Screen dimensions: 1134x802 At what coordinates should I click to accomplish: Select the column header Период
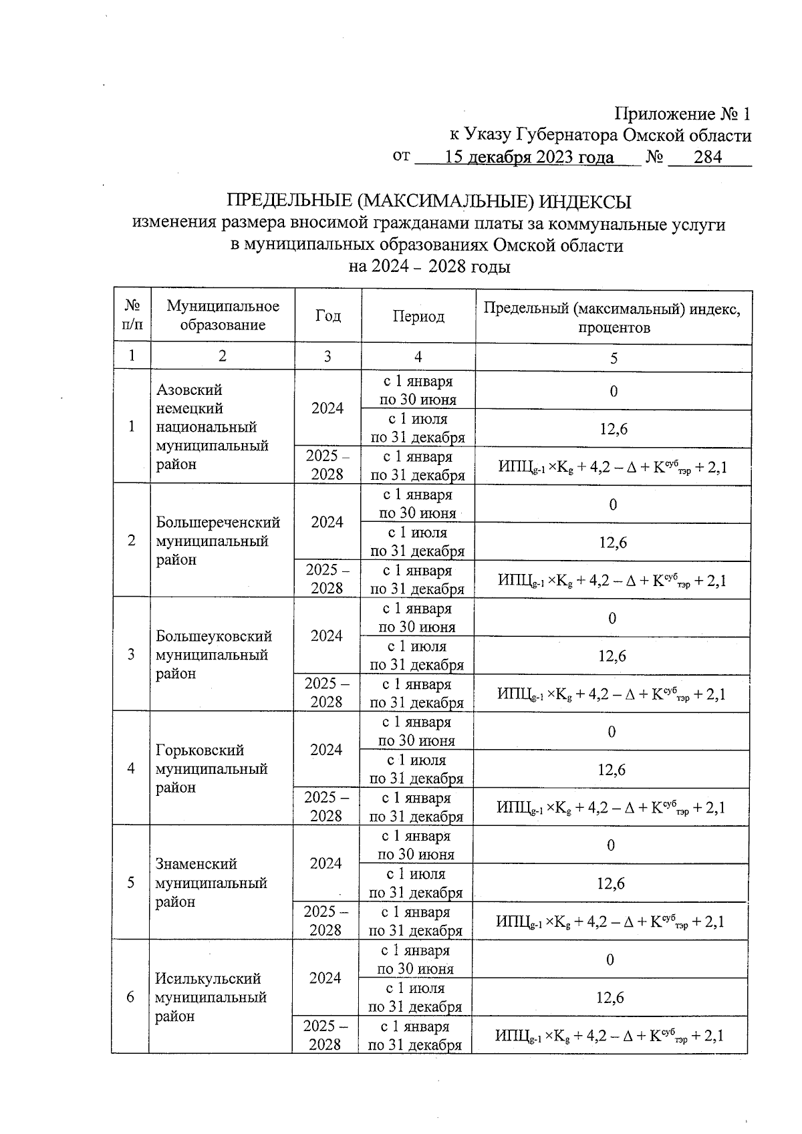(x=418, y=316)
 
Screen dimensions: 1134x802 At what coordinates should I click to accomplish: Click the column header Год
(x=327, y=316)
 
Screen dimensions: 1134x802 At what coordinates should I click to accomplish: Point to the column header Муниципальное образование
(x=223, y=316)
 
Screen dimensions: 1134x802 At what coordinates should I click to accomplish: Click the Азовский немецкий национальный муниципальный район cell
(x=212, y=426)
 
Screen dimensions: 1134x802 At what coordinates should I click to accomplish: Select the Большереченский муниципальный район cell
(x=217, y=541)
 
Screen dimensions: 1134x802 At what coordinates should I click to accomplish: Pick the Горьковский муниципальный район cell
(x=211, y=768)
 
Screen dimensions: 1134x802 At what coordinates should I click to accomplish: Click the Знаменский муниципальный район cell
(x=211, y=883)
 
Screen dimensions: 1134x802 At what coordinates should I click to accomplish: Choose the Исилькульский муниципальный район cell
(x=211, y=997)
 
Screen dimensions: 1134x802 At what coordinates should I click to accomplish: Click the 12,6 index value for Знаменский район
(x=611, y=883)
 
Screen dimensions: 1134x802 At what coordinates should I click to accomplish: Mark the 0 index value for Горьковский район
(x=612, y=732)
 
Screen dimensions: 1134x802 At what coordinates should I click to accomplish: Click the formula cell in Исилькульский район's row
(x=610, y=1036)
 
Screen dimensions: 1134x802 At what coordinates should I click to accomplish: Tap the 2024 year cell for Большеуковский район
(x=327, y=635)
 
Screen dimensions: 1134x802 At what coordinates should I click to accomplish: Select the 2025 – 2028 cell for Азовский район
(x=327, y=465)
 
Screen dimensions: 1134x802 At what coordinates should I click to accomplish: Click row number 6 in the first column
(x=130, y=997)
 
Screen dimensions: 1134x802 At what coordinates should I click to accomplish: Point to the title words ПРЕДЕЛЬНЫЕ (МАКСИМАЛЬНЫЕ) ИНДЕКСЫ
(x=429, y=202)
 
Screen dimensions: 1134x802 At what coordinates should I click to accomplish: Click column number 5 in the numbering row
(x=614, y=358)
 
